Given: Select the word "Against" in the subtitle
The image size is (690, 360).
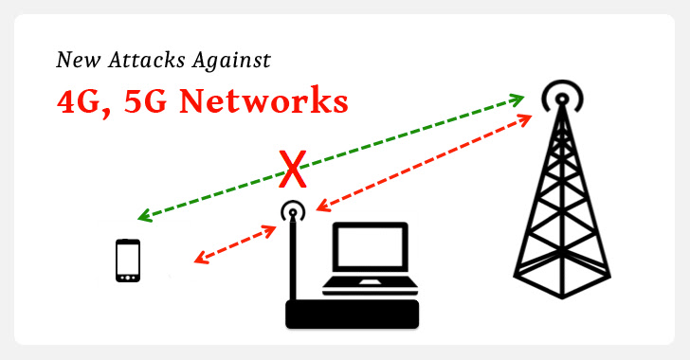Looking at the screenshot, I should pos(237,62).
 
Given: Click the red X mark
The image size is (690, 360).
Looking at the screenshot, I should pos(294,171).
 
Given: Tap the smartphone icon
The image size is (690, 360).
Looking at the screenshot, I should pos(127,261).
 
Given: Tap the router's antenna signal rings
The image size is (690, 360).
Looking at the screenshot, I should pos(293,212).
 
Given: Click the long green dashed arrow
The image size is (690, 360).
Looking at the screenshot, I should pos(332,156).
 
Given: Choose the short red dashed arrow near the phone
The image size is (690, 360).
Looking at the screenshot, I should pos(236,243).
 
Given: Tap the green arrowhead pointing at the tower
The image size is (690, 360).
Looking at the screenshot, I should pos(518,97).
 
